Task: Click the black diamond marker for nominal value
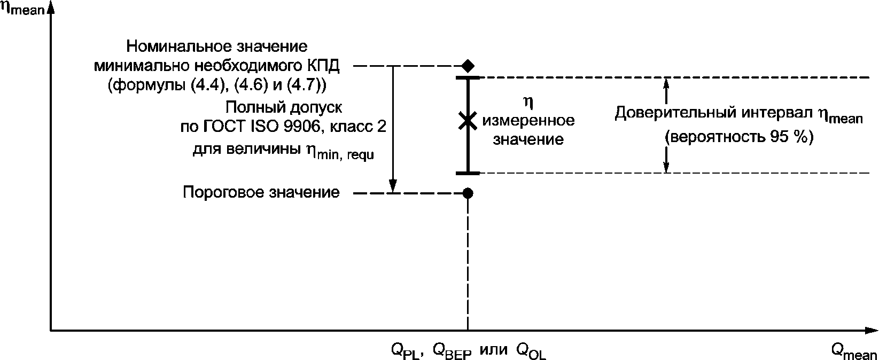(468, 66)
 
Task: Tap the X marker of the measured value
(468, 121)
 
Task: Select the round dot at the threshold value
(468, 193)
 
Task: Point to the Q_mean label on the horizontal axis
(853, 351)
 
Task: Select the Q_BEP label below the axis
(452, 351)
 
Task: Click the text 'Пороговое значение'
(261, 192)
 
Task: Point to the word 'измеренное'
(528, 121)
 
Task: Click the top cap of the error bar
(468, 79)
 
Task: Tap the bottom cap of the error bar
(468, 173)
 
